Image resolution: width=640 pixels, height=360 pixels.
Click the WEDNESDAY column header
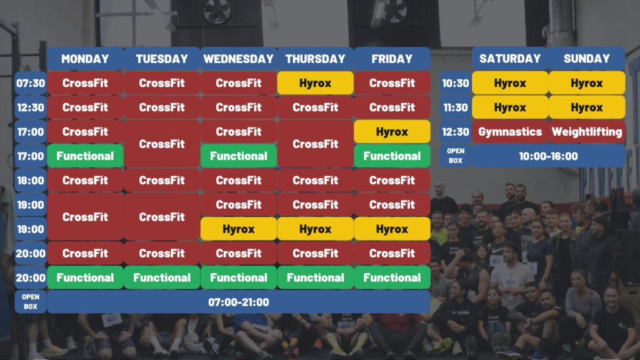(238, 59)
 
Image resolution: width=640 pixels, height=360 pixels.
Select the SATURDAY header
(510, 59)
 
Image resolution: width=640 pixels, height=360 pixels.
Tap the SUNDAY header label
(586, 59)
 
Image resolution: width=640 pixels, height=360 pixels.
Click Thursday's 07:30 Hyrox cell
(315, 83)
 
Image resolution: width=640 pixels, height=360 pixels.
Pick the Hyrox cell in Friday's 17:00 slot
(392, 131)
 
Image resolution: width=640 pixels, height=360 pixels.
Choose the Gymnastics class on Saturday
(510, 131)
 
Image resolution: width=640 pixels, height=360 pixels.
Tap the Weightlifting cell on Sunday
(586, 131)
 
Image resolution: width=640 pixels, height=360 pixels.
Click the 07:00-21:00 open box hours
(238, 302)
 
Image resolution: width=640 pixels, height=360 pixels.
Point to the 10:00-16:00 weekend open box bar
(548, 156)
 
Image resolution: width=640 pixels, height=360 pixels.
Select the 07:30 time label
(31, 83)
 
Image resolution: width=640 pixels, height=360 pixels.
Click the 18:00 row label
(31, 181)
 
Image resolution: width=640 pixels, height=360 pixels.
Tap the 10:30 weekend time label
(456, 83)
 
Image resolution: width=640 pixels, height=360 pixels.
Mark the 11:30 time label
(456, 107)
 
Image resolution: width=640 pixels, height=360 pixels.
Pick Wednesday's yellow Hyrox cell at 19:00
(238, 229)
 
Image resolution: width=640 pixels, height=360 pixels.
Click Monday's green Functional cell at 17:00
(85, 156)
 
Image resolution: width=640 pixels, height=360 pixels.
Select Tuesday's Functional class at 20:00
(162, 277)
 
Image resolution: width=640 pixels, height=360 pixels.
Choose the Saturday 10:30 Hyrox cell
(510, 83)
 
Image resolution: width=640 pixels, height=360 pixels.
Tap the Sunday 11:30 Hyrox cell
(586, 107)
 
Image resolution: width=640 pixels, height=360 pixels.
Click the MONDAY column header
(85, 59)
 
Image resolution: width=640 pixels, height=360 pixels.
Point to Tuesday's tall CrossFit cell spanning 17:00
(162, 144)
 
